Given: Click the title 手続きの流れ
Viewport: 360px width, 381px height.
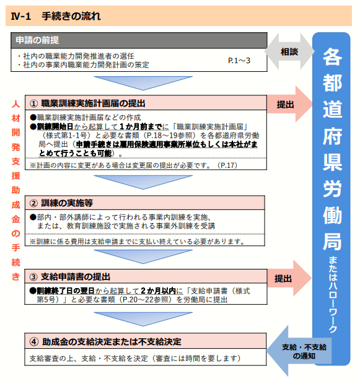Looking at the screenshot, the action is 71,16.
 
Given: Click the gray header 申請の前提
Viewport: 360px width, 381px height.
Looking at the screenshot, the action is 37,40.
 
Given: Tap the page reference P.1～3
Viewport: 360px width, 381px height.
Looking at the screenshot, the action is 239,61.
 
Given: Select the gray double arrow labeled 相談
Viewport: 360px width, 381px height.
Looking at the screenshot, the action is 289,51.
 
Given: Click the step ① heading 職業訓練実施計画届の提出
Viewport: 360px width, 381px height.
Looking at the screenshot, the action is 93,103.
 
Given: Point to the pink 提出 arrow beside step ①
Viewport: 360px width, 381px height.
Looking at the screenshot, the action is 289,104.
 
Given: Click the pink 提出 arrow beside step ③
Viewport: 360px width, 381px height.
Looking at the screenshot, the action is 289,278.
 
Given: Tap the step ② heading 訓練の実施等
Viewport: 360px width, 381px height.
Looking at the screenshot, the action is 67,203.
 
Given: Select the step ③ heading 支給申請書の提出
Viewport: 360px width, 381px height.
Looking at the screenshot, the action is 76,276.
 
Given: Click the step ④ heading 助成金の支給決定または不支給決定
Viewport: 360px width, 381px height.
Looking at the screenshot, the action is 112,341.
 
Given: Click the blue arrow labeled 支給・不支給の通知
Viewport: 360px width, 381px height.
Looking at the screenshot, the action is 299,351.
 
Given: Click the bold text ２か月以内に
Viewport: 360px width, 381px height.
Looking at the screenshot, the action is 162,291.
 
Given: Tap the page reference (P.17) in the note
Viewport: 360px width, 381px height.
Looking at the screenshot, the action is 227,165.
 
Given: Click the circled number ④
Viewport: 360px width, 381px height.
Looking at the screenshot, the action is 34,342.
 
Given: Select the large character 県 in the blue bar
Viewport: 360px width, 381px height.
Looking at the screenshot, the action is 332,162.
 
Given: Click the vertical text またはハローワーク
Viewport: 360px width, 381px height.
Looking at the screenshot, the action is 333,294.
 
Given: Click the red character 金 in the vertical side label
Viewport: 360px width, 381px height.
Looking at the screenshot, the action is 15,219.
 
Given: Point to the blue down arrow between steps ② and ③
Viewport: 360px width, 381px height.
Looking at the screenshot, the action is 143,256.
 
